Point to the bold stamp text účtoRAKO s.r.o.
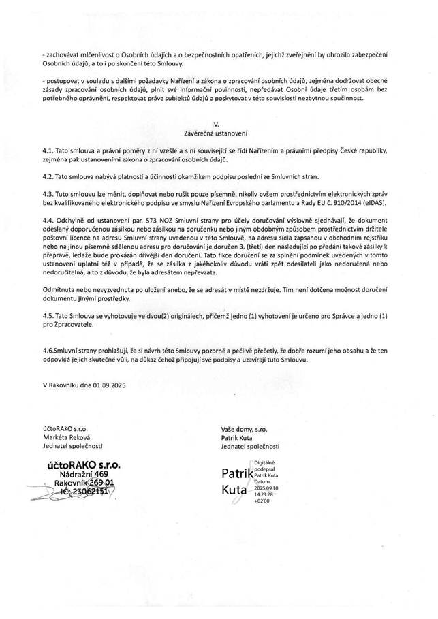(x=84, y=463)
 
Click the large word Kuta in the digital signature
(x=234, y=489)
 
